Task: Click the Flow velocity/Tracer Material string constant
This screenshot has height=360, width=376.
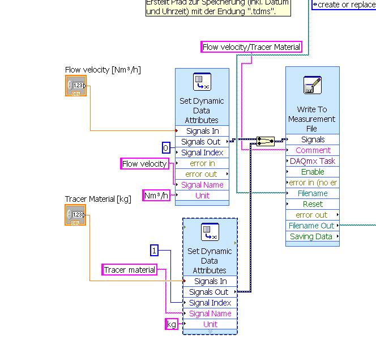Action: pos(251,47)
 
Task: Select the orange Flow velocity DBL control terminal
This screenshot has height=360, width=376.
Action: pos(76,86)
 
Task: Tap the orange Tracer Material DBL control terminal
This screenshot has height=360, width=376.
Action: pos(76,215)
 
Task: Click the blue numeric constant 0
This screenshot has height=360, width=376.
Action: pos(166,149)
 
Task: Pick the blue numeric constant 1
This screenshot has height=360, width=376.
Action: pos(155,250)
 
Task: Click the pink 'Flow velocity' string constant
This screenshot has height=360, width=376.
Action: pos(145,164)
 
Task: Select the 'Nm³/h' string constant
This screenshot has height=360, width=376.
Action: pos(156,196)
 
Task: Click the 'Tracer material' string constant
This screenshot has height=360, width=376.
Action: pos(129,270)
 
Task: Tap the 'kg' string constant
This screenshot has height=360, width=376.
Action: pos(171,324)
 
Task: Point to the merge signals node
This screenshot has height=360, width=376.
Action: pos(265,141)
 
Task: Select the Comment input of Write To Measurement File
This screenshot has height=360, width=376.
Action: pos(313,150)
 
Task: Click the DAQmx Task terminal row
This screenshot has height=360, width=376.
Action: pos(313,161)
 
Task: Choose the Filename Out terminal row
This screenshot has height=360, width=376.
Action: pos(311,226)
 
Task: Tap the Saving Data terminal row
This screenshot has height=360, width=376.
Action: pos(311,236)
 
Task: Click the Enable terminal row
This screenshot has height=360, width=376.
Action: pos(313,172)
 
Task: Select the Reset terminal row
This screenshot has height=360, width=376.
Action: pos(313,204)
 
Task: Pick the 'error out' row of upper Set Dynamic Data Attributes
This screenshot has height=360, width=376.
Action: pos(202,174)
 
